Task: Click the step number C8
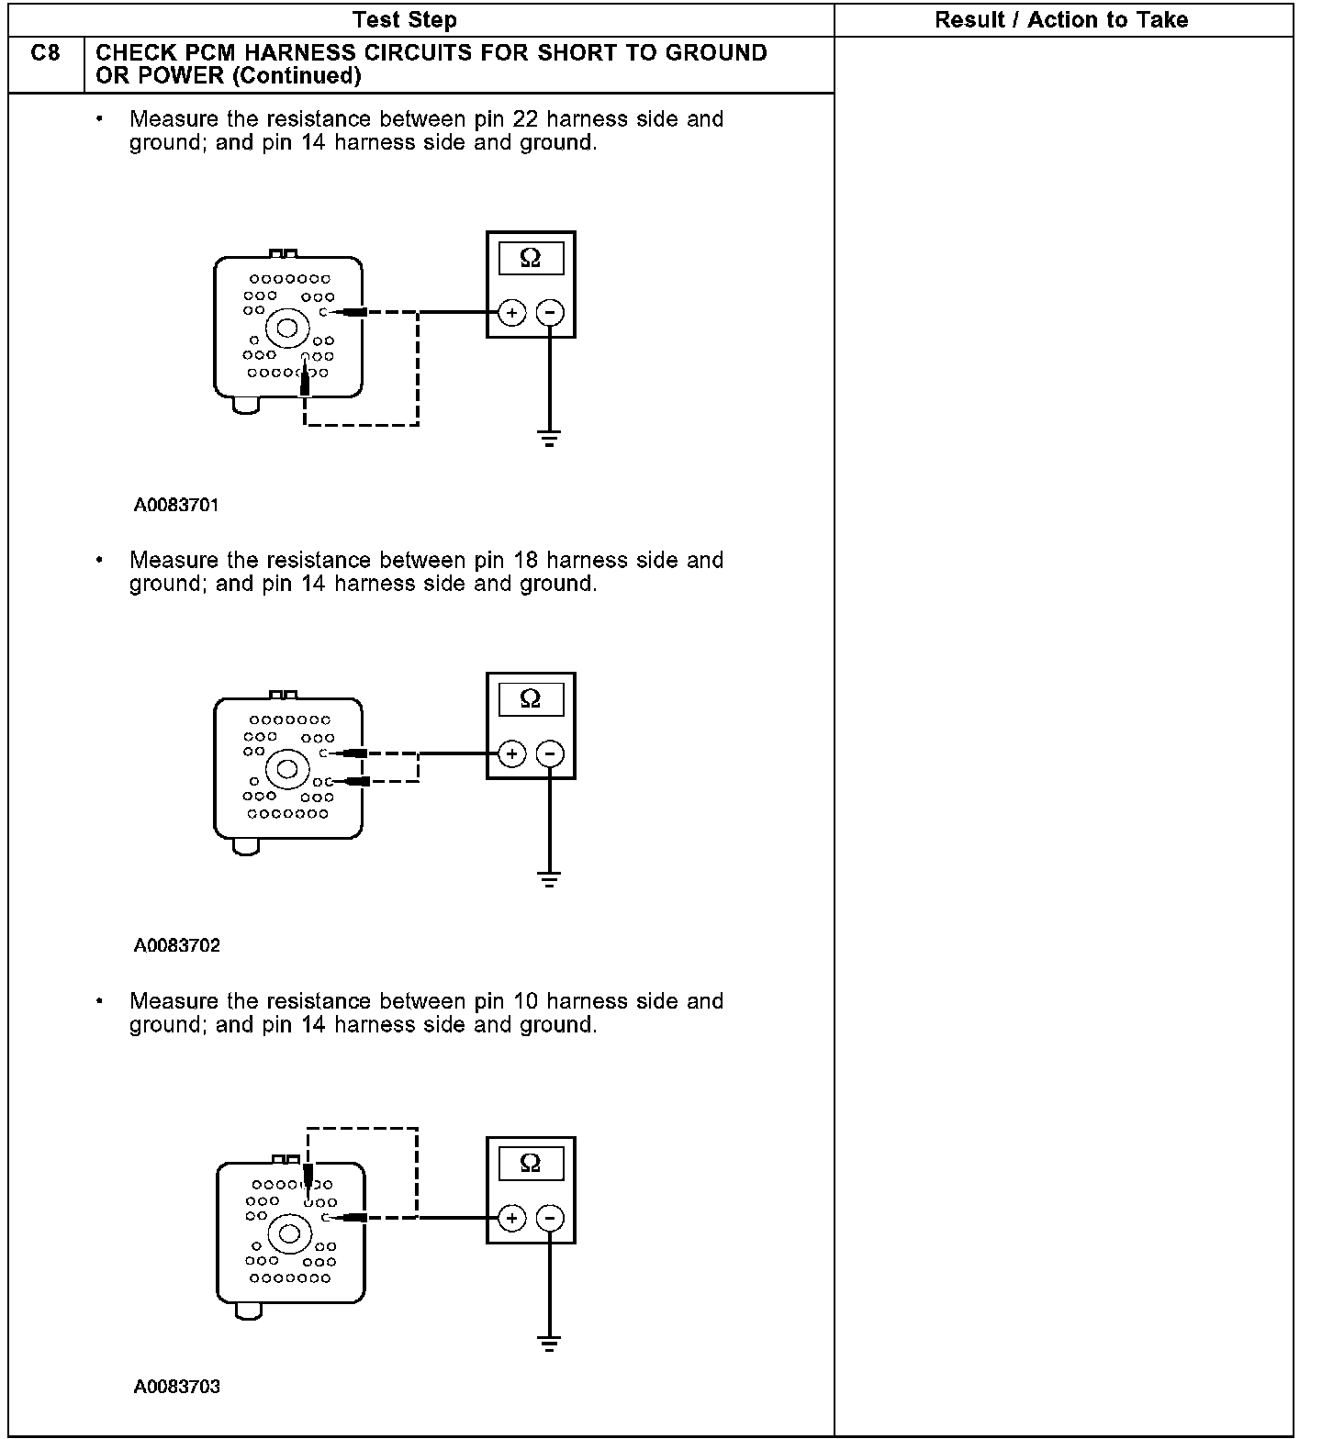[x=45, y=53]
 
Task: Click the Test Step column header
[x=404, y=19]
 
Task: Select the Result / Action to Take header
[x=1061, y=19]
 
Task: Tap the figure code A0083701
[x=176, y=505]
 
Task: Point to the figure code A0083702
[x=176, y=945]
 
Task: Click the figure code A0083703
[x=176, y=1387]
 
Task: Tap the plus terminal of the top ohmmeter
[x=511, y=313]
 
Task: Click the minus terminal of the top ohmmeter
[x=549, y=313]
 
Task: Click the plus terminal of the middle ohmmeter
[x=511, y=754]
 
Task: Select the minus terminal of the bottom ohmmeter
[x=549, y=1219]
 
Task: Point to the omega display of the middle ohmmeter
[x=531, y=699]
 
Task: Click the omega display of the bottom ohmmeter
[x=531, y=1164]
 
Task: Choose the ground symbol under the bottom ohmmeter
[x=549, y=1344]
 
